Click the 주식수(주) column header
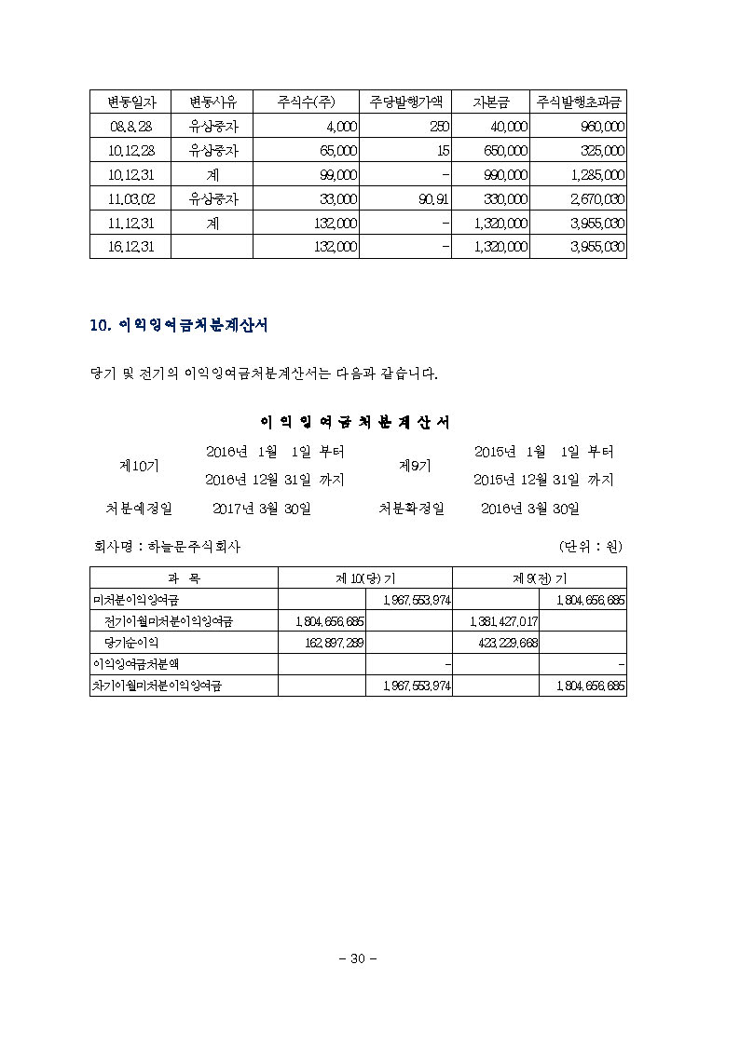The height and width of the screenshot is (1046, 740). [x=306, y=102]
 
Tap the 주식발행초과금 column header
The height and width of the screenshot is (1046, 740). [x=578, y=102]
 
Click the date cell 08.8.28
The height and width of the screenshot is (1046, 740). [x=124, y=127]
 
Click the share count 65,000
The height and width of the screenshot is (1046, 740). [x=337, y=151]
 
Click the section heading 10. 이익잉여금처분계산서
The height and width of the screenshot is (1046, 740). [x=179, y=325]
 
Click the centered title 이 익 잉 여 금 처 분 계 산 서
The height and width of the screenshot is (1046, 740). [x=354, y=422]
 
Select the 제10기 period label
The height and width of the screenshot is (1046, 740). [x=139, y=465]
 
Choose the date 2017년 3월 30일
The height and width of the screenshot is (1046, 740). [x=262, y=509]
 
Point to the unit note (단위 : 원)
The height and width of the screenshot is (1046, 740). [x=591, y=547]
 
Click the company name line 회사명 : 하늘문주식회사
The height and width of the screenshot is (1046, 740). [x=167, y=547]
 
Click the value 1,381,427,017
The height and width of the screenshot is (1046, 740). [x=498, y=621]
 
